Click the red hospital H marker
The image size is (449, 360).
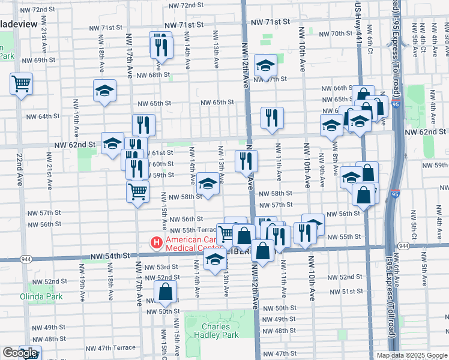[156, 243]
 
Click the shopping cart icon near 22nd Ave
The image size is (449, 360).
[21, 83]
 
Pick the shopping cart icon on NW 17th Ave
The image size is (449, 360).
[137, 192]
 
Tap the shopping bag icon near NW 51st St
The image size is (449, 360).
[166, 292]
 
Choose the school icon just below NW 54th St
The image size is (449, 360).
[215, 259]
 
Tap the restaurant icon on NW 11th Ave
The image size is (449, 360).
[272, 118]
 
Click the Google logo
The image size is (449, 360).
[19, 353]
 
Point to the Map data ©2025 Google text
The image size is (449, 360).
[412, 355]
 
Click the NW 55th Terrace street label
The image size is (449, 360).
[193, 230]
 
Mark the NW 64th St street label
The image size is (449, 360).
[43, 116]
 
